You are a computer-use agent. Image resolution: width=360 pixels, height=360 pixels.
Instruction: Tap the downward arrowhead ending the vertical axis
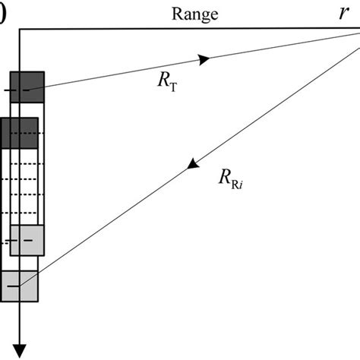click(20, 349)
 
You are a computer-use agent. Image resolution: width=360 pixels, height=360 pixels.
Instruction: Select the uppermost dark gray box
click(27, 87)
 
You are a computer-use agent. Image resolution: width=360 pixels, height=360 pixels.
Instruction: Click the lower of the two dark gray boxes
click(20, 132)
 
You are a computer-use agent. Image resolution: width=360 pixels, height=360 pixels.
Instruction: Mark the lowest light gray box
click(20, 286)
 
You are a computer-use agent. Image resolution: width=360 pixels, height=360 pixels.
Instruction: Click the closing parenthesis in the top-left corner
click(3, 14)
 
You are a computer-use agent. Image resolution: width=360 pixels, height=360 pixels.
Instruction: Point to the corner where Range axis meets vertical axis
click(21, 30)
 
